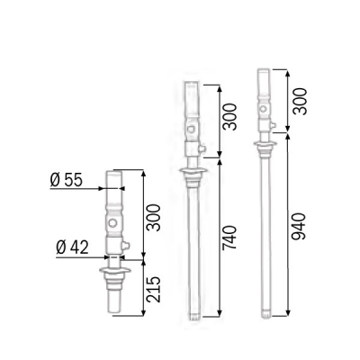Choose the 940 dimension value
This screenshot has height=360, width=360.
(298, 225)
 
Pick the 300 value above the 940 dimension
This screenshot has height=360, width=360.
(298, 101)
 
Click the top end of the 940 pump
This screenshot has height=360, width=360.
(264, 68)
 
